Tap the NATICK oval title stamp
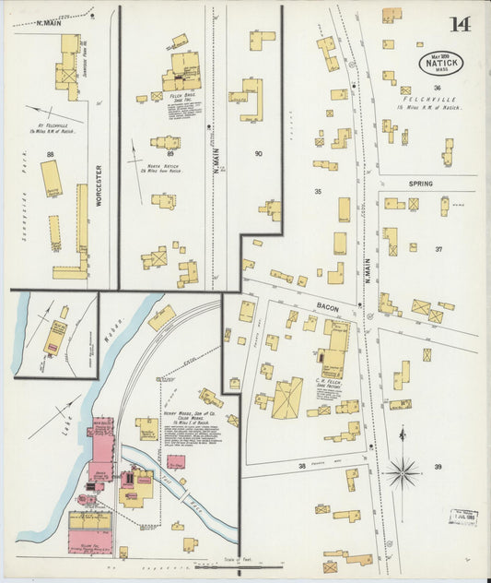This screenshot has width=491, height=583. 440,62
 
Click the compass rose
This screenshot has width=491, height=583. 402,473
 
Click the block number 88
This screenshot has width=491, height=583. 50,155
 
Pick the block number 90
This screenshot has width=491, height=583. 258,155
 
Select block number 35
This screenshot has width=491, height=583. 317,192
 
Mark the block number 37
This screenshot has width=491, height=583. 438,249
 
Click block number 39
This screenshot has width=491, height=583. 438,467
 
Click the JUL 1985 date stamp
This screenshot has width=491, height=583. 463,517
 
